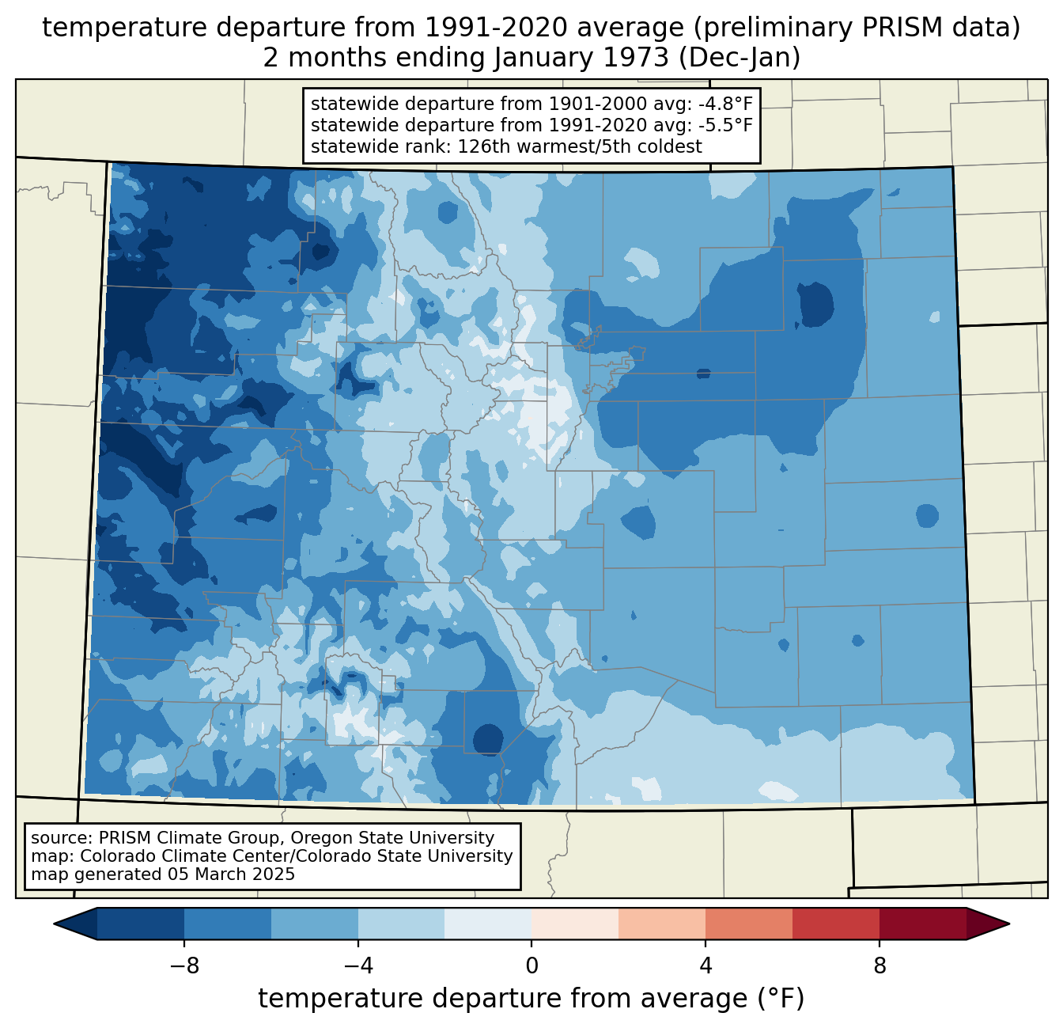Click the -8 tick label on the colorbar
184,965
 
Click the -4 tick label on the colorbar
358,965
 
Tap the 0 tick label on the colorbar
531,965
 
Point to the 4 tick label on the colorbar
706,965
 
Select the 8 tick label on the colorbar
880,965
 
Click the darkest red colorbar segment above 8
922,924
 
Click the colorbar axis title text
531,999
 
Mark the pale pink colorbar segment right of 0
575,924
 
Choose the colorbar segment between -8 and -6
228,924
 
